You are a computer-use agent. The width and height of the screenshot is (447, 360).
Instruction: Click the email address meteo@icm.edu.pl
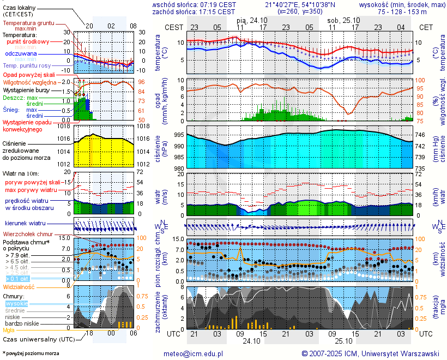(194, 354)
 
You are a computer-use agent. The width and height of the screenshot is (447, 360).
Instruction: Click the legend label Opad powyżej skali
(29, 74)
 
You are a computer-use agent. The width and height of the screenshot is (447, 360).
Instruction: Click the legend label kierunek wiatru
(25, 224)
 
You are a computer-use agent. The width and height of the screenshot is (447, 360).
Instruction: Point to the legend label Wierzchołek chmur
(31, 234)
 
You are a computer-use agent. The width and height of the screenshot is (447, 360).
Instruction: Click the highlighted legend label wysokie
(16, 303)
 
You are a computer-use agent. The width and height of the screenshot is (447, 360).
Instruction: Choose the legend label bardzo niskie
(22, 323)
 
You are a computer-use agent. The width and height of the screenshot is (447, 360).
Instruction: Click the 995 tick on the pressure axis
(178, 135)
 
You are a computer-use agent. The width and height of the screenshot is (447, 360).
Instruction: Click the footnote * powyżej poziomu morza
(31, 353)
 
